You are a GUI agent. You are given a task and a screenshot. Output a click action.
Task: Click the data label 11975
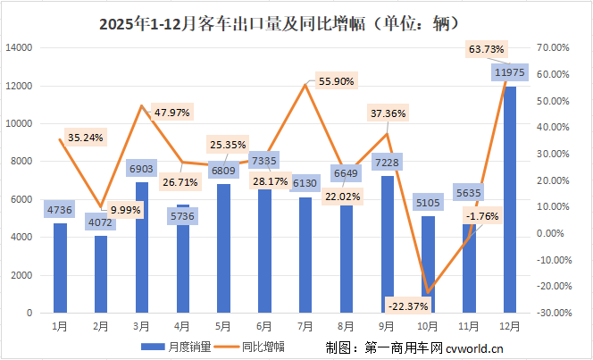[506, 72]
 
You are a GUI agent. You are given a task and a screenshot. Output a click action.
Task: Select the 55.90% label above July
[335, 81]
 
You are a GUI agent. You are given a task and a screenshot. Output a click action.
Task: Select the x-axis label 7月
[305, 326]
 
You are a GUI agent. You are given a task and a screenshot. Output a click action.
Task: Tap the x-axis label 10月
[428, 326]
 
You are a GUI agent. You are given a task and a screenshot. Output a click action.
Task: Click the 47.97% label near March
[172, 113]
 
